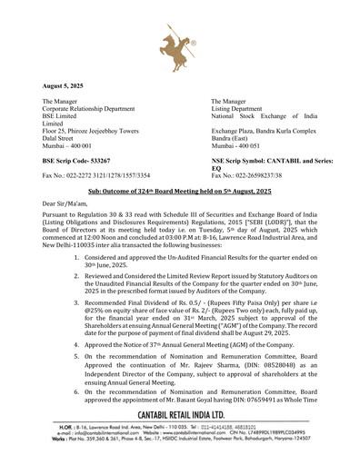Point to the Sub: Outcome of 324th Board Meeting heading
point(179,193)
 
